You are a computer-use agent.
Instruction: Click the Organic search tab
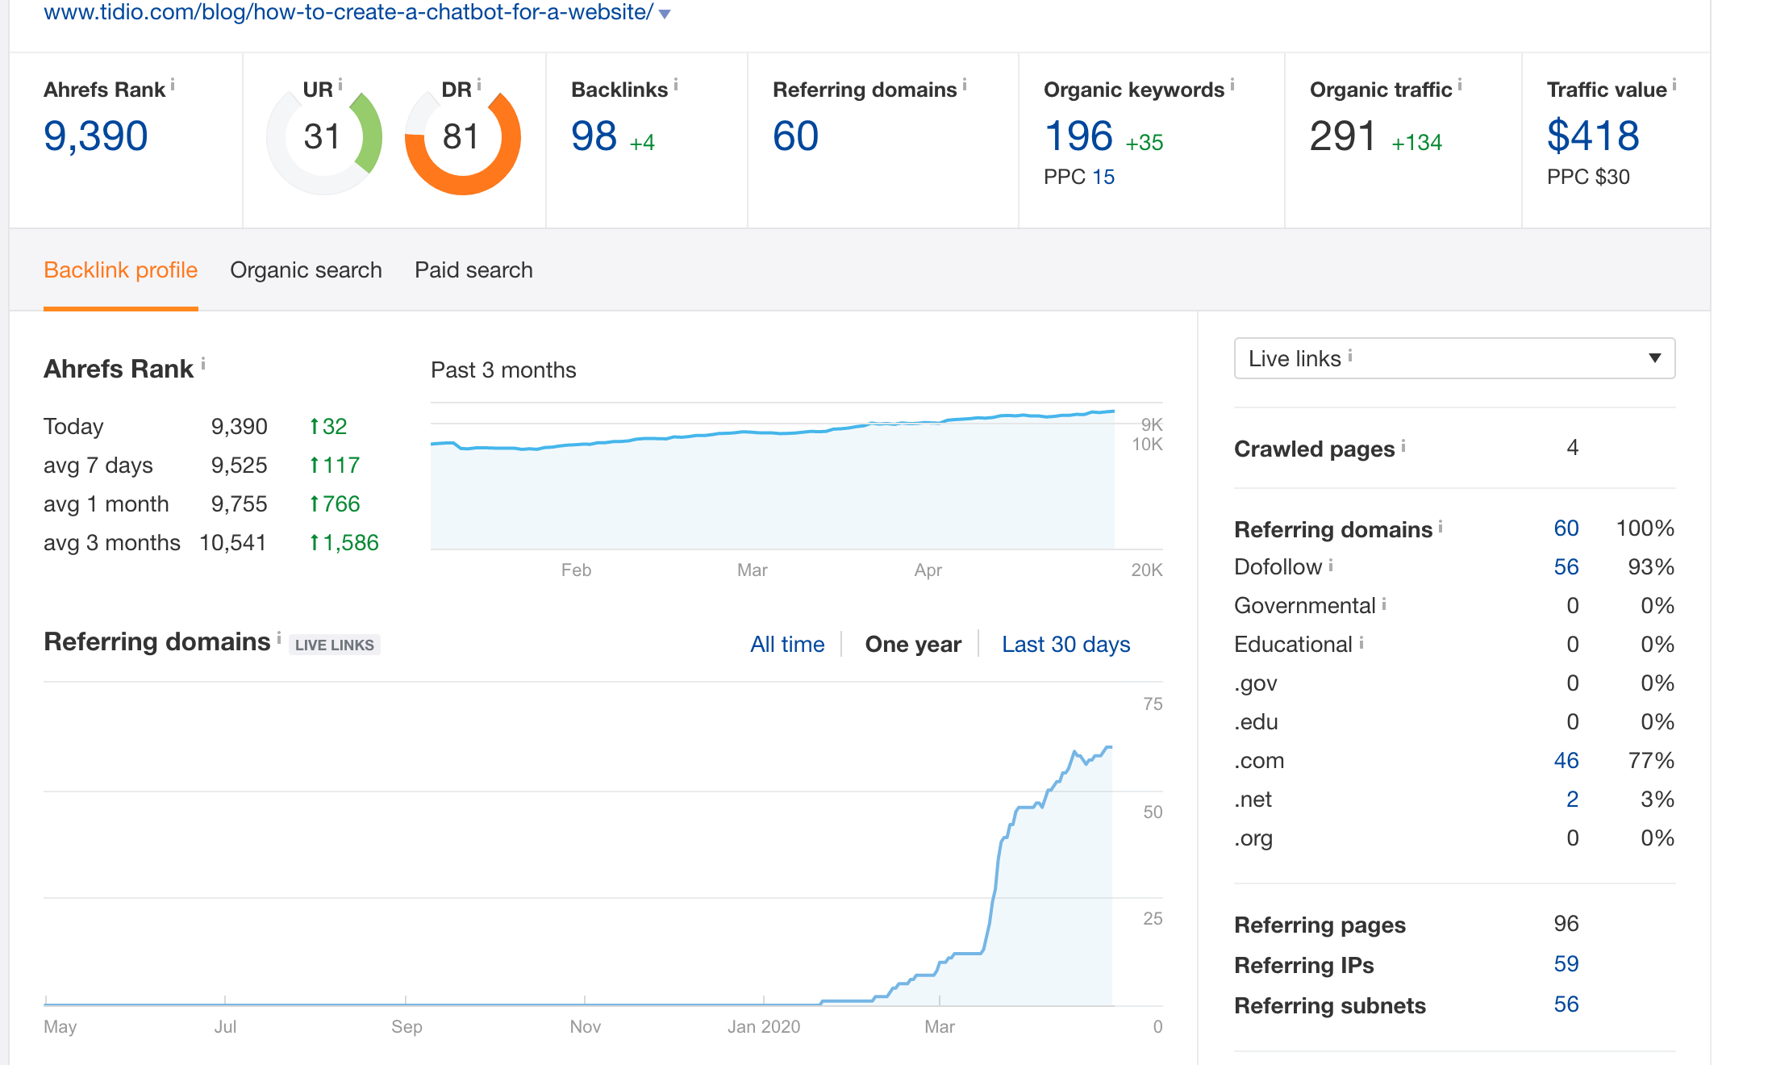point(306,270)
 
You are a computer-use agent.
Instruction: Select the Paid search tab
point(473,270)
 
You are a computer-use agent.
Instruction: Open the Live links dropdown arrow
point(1654,358)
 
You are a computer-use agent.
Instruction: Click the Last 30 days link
point(1065,645)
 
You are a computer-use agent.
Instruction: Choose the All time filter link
point(787,645)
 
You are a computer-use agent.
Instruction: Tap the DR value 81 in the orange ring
point(461,137)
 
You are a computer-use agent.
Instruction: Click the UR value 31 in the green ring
point(322,137)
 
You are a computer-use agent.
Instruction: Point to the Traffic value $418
point(1593,136)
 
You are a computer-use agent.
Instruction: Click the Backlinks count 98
point(594,136)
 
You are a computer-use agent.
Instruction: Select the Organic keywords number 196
point(1078,136)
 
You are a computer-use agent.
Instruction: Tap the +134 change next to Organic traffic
point(1416,143)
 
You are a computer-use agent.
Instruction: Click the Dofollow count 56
point(1566,567)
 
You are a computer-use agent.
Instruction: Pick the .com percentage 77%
point(1651,761)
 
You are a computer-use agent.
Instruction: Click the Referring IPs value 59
point(1566,964)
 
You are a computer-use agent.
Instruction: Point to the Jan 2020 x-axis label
point(763,1027)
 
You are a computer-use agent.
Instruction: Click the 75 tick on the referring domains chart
point(1153,704)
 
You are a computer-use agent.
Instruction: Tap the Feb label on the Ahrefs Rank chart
point(576,570)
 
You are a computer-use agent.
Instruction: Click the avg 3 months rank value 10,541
point(233,543)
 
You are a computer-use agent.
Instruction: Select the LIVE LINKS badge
point(334,645)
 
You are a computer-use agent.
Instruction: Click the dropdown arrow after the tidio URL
point(665,14)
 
